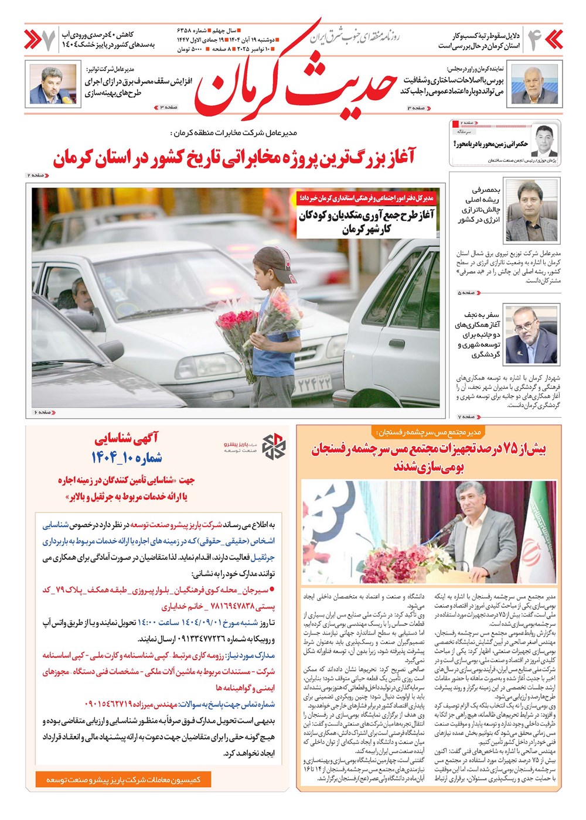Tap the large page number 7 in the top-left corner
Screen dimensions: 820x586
tap(49, 39)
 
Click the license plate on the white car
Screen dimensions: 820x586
tap(315, 385)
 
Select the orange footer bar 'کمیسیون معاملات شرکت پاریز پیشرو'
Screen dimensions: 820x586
tap(123, 780)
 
